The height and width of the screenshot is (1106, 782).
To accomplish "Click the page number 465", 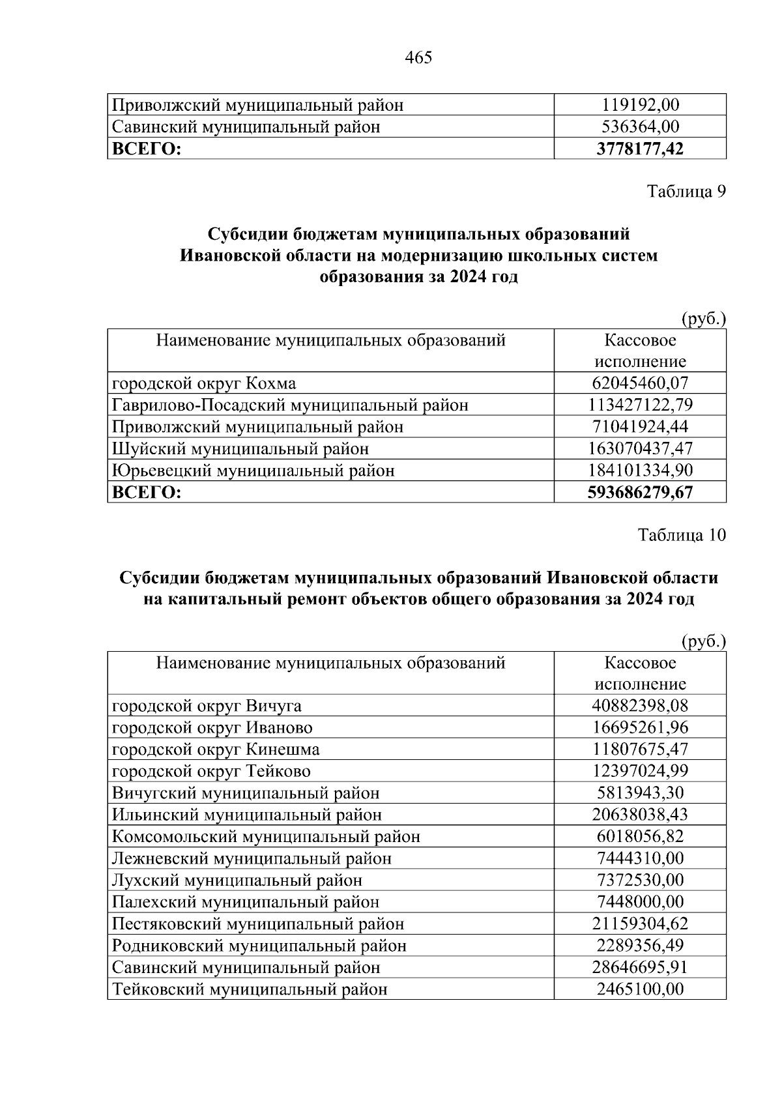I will click(x=418, y=58).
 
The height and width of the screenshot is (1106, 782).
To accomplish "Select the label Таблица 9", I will click(x=686, y=192).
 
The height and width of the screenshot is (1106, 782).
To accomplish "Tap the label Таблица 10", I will click(x=682, y=535).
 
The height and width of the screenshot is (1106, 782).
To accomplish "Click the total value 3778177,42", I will click(x=640, y=149).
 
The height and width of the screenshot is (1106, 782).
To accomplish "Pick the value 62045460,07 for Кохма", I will click(x=640, y=383).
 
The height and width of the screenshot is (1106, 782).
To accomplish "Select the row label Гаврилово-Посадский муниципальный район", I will click(x=290, y=405).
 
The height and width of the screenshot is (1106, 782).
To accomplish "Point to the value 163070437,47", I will click(x=640, y=448).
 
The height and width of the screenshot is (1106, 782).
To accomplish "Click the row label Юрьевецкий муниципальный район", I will click(x=253, y=471).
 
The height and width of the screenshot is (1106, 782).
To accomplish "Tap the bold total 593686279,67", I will click(x=640, y=492).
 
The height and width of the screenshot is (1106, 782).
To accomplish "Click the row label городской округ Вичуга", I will click(x=207, y=706).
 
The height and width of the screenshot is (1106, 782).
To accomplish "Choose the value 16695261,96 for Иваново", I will click(x=640, y=727).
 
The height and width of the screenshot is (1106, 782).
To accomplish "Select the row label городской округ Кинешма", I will click(x=216, y=749).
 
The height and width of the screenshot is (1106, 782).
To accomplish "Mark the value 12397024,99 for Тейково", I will click(x=640, y=771).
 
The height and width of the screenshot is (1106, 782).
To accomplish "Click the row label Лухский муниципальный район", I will click(x=237, y=880).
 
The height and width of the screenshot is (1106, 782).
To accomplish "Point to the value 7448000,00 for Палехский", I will click(x=640, y=902).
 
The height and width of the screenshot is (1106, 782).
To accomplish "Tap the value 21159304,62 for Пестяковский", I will click(x=640, y=924).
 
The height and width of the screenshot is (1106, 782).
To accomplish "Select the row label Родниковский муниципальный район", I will click(x=259, y=946).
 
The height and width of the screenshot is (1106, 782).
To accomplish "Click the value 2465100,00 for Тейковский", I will click(x=640, y=989).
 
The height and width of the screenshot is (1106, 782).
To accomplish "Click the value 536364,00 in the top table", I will click(x=640, y=126).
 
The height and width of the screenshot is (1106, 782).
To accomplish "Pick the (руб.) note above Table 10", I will click(x=703, y=641).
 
